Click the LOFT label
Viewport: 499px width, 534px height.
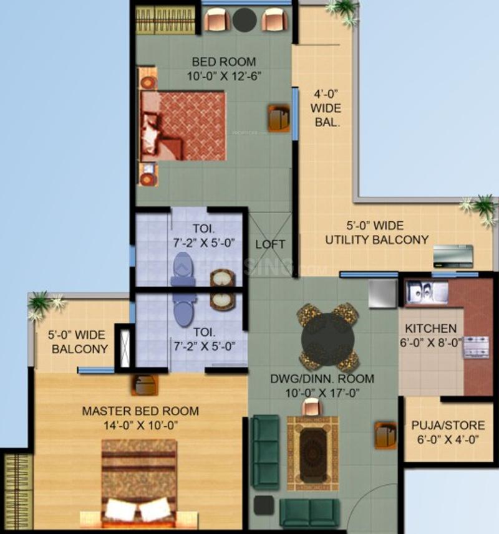270,244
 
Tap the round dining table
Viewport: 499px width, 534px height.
327,338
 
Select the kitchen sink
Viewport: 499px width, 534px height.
427,292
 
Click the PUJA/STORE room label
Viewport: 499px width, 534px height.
448,426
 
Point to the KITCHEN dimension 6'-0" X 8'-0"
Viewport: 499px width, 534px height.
430,342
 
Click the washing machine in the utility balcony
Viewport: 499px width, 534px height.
453,256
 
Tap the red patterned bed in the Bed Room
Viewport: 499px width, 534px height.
183,126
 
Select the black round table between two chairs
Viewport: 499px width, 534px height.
245,20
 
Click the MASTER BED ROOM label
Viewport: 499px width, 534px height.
140,411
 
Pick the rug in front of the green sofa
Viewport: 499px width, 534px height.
312,453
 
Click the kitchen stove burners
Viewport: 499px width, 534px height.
476,347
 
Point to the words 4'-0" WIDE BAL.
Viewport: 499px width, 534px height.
326,108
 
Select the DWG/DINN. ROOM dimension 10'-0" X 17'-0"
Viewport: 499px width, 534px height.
322,393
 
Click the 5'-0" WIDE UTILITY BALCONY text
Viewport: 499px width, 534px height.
377,232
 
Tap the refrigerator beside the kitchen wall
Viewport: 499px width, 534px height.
383,293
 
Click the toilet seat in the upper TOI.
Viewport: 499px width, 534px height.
183,269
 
